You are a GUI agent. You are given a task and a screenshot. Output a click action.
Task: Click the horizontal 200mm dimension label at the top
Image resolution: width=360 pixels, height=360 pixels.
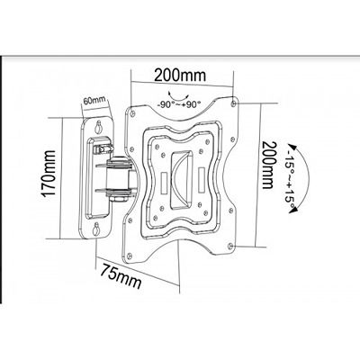tap(180, 76)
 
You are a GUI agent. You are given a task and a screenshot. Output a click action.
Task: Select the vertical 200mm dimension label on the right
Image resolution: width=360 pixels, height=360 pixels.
tap(268, 165)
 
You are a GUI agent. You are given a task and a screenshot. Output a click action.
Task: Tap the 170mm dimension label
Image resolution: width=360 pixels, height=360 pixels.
tap(49, 174)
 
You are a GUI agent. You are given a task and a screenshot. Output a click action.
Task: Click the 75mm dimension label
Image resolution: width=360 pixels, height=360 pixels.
tap(121, 275)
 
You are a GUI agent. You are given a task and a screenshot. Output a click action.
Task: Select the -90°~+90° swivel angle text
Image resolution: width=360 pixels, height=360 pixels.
tap(179, 104)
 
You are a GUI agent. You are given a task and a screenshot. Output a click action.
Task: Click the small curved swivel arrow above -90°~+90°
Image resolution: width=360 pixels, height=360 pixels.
tap(178, 96)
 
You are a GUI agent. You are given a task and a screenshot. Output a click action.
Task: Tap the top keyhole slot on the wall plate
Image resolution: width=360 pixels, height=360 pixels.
tap(98, 127)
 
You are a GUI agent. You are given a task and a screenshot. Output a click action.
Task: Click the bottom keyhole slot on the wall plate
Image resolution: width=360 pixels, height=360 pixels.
tap(96, 229)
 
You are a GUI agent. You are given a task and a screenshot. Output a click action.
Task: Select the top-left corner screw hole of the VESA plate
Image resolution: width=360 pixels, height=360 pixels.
tap(132, 112)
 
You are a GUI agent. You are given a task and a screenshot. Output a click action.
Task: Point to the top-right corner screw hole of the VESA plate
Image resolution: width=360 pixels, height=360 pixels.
tap(234, 103)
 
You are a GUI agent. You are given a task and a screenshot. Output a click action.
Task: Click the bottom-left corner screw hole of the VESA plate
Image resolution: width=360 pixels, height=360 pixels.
tap(130, 256)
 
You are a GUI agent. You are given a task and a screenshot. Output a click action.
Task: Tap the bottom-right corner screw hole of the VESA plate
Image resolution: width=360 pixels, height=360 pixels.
tap(230, 246)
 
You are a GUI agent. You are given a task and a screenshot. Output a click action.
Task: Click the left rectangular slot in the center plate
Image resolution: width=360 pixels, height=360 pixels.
tap(165, 183)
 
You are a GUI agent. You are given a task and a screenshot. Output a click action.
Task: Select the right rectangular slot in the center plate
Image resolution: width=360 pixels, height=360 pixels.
tap(202, 178)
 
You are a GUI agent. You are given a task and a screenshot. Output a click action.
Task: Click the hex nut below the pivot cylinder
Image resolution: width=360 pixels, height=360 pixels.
tap(118, 199)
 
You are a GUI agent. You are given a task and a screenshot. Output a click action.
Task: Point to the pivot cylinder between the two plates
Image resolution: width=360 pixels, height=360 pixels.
tap(118, 177)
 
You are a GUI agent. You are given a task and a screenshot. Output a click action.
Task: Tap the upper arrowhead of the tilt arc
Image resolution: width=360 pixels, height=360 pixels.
tap(291, 148)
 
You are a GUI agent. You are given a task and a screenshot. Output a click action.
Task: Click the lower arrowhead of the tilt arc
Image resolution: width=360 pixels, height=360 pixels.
tap(293, 211)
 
